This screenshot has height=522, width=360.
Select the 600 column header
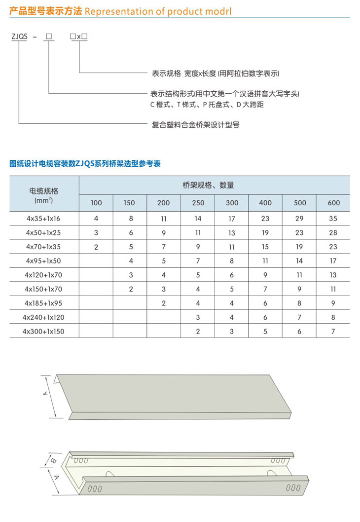point(333,203)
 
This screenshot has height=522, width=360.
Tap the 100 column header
point(96,203)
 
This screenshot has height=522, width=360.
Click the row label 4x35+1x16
point(44,218)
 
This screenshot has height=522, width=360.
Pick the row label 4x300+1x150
point(44,332)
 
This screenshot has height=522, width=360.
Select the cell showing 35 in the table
point(333,218)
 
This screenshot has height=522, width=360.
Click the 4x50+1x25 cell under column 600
point(333,232)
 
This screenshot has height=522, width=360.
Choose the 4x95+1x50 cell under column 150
point(131,261)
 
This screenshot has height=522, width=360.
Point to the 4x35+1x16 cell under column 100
point(96,218)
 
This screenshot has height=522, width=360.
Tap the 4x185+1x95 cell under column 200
point(164,303)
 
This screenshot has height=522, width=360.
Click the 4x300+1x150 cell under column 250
point(198,332)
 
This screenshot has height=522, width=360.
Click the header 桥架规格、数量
point(215,186)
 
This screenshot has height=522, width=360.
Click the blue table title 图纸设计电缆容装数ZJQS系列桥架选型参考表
point(85,164)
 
